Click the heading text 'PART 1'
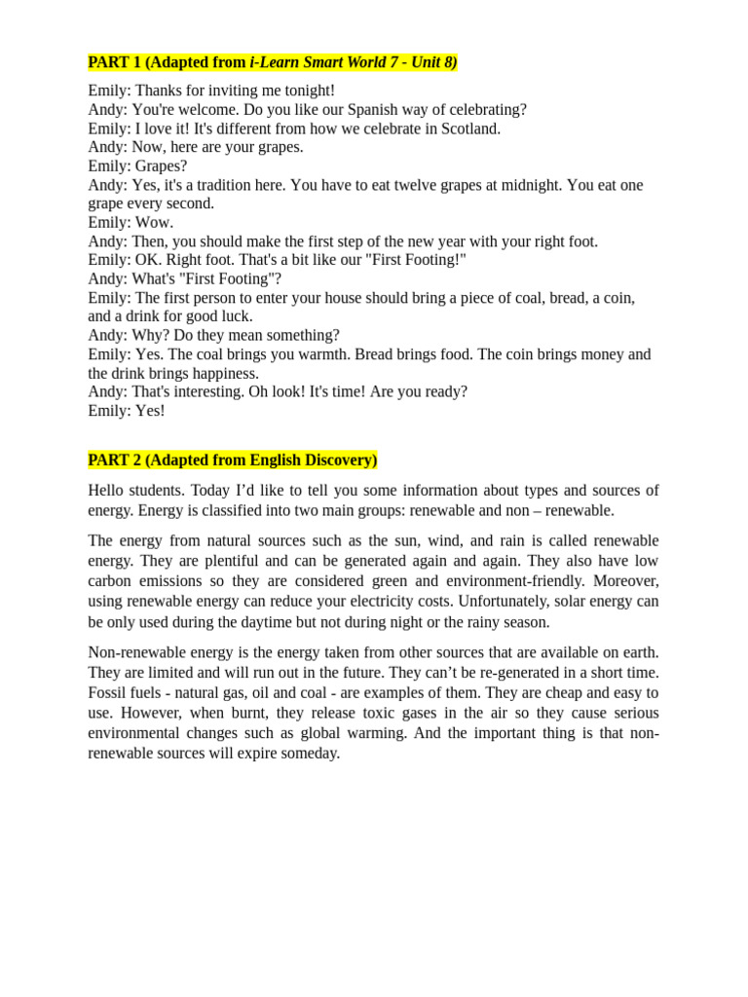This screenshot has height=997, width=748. [x=114, y=62]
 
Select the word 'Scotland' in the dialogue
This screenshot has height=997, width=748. [x=469, y=129]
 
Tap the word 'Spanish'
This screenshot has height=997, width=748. [x=345, y=110]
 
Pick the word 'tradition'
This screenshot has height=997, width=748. [x=249, y=185]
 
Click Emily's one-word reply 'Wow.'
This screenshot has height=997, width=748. [x=154, y=222]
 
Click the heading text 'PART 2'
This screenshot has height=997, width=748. [x=114, y=460]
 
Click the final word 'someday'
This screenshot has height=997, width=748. [x=311, y=753]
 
